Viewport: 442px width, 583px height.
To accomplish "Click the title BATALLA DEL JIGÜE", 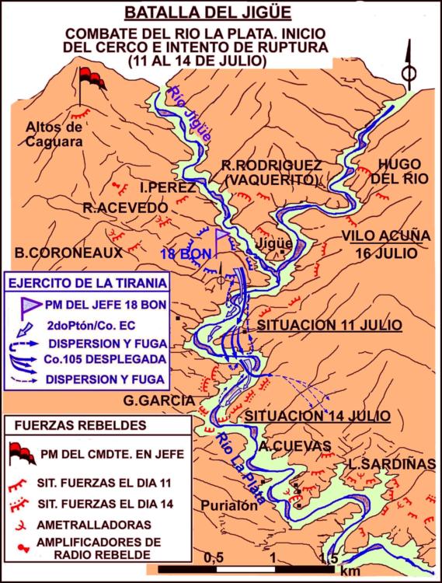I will pos(221,14).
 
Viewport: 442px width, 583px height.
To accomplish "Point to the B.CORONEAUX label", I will pos(68,253).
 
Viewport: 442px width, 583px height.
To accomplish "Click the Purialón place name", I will pos(228,505).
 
